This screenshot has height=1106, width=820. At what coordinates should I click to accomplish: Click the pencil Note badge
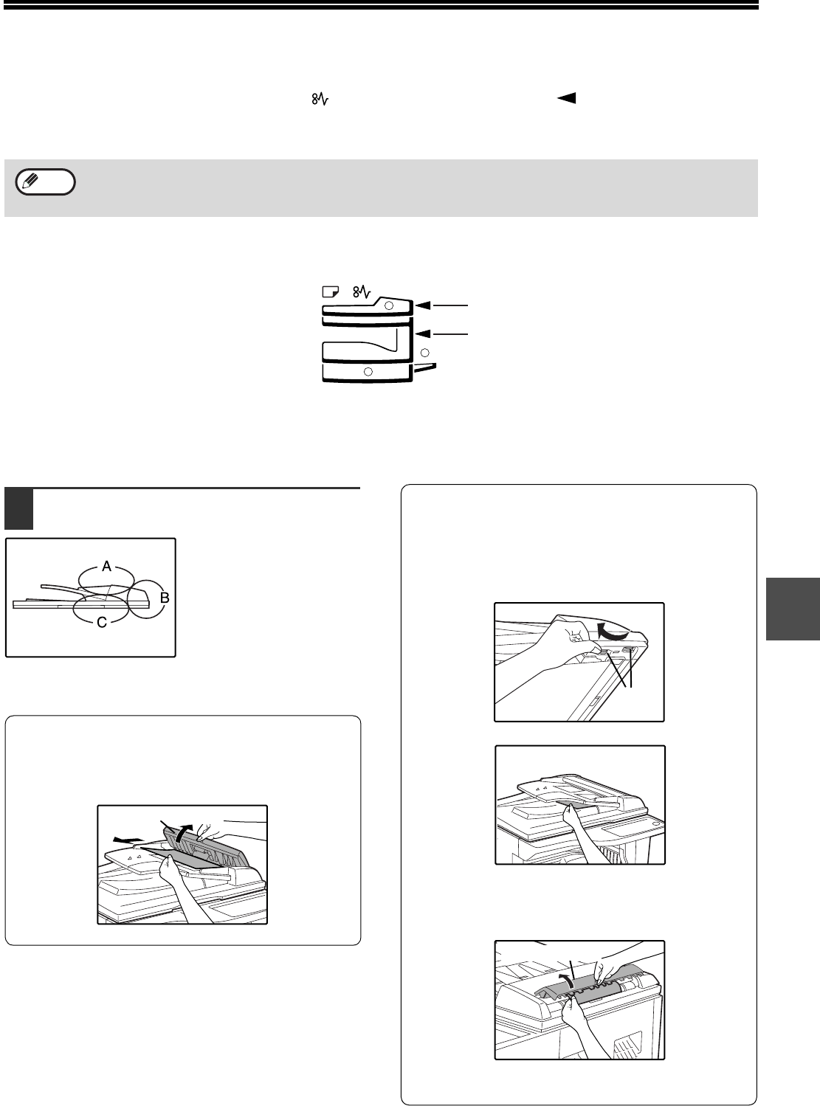click(x=45, y=182)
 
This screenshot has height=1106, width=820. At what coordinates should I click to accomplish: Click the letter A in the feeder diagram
click(x=107, y=567)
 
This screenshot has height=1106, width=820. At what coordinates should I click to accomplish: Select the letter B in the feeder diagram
click(x=165, y=598)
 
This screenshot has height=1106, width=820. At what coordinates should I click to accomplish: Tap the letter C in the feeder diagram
click(x=103, y=622)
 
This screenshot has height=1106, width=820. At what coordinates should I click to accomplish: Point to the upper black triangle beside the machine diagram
click(x=423, y=305)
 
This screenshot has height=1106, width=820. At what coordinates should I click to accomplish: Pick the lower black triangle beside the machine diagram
click(x=423, y=333)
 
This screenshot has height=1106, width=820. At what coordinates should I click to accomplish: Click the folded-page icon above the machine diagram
click(x=330, y=291)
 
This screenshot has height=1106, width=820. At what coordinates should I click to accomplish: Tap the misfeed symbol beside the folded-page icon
click(x=361, y=292)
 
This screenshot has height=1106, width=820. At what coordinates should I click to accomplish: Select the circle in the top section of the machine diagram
click(x=390, y=305)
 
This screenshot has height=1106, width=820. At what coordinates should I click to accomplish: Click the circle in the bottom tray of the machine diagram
click(x=368, y=371)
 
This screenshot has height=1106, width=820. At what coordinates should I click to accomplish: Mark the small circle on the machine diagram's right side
click(x=425, y=353)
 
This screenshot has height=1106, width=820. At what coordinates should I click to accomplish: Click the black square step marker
click(x=18, y=509)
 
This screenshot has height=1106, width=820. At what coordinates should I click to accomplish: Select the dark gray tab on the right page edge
click(x=793, y=609)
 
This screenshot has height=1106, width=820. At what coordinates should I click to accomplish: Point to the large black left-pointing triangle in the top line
click(x=567, y=97)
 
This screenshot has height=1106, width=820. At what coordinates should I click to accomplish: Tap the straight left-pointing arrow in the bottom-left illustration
click(x=126, y=839)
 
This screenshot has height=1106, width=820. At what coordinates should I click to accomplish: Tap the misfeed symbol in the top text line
click(x=320, y=99)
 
